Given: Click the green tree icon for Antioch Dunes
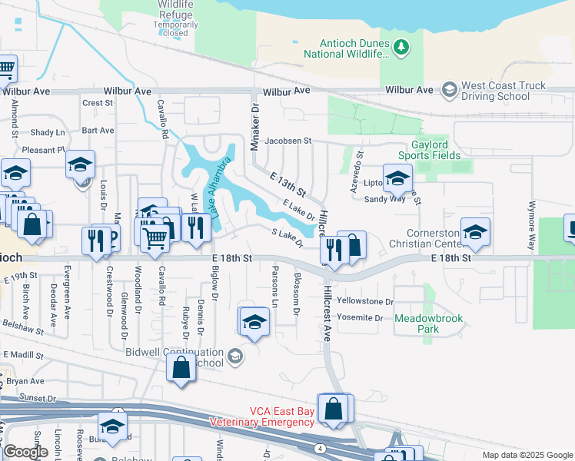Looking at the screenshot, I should (400, 48).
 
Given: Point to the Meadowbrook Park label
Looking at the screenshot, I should (417, 323).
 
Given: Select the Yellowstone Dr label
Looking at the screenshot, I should (364, 302).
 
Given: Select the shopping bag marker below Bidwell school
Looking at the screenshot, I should (181, 368).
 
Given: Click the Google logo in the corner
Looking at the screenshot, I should (25, 452).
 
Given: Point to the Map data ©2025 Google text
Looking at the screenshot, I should (527, 455).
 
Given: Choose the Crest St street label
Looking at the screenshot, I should (98, 103).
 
